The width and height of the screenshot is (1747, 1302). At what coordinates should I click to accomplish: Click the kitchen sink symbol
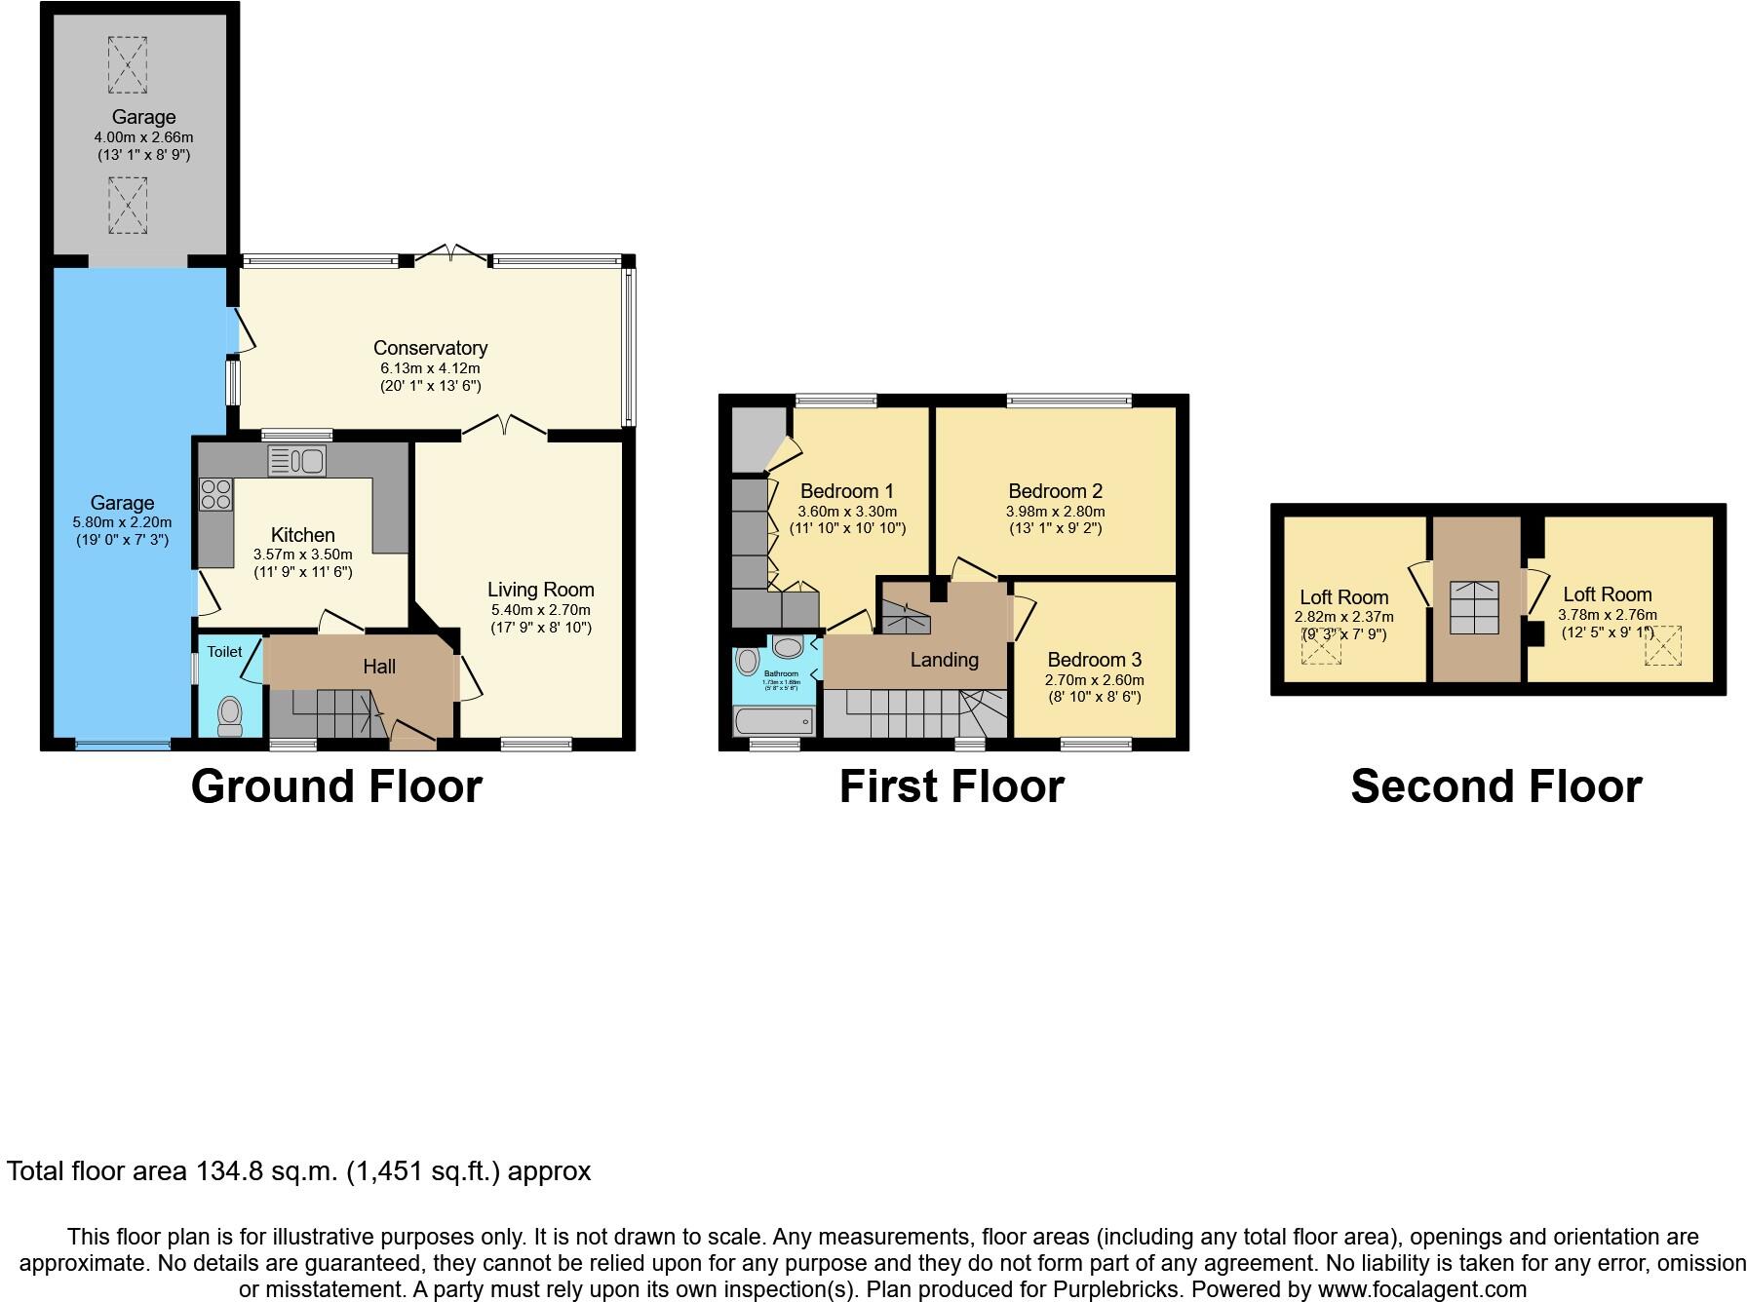tap(296, 460)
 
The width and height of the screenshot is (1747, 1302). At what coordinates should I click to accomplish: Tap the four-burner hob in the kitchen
tap(215, 494)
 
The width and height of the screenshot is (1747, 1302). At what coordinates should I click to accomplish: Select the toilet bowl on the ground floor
tap(230, 715)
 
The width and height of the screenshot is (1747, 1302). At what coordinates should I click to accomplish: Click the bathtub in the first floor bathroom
tap(773, 721)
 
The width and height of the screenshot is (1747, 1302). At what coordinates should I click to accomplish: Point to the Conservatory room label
tap(430, 348)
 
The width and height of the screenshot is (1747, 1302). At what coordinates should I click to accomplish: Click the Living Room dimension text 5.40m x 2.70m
tap(540, 610)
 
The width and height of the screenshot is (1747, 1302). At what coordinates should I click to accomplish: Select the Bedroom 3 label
tap(1094, 660)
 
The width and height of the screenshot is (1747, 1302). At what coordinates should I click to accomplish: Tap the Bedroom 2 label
tap(1055, 491)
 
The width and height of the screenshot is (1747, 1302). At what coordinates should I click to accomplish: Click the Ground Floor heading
tap(336, 786)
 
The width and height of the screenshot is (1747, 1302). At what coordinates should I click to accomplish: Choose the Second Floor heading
tap(1495, 786)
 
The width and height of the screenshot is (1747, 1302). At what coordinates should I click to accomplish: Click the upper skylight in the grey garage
tap(128, 64)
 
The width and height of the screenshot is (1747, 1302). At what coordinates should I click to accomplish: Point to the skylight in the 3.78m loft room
tap(1663, 645)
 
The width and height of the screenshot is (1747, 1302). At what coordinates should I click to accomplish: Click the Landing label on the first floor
tap(944, 660)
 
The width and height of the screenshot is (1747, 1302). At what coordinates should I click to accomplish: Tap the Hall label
tap(379, 667)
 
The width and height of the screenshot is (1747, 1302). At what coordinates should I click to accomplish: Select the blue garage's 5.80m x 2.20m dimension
tap(122, 522)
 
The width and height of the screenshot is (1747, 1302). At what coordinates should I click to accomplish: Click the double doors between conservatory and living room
tap(504, 427)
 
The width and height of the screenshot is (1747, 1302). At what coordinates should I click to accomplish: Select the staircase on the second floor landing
tap(1474, 608)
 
